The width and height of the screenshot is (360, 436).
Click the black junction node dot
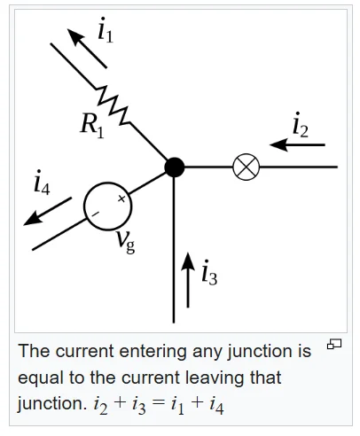tap(175, 167)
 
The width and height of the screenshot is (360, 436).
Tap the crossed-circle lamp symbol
tap(247, 167)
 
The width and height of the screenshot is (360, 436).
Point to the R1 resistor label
tap(92, 126)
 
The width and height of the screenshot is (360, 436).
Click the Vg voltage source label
tap(125, 242)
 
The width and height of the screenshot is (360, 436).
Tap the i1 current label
tap(106, 30)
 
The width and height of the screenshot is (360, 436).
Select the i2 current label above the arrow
tap(301, 125)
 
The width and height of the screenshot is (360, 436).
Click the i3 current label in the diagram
tap(209, 272)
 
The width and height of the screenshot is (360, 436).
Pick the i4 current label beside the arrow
tap(42, 183)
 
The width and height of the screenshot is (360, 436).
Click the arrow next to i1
tap(87, 48)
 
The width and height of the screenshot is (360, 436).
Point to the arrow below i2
tap(297, 144)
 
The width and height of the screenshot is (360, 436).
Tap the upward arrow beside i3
tap(187, 280)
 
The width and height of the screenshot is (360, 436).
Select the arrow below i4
tap(47, 212)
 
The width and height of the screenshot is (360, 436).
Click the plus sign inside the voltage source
tap(121, 199)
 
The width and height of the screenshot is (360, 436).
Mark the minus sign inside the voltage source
tap(95, 214)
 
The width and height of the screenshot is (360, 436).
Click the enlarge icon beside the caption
tap(334, 344)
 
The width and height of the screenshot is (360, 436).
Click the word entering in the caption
tap(153, 352)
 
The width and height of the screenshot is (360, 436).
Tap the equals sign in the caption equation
tap(158, 403)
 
